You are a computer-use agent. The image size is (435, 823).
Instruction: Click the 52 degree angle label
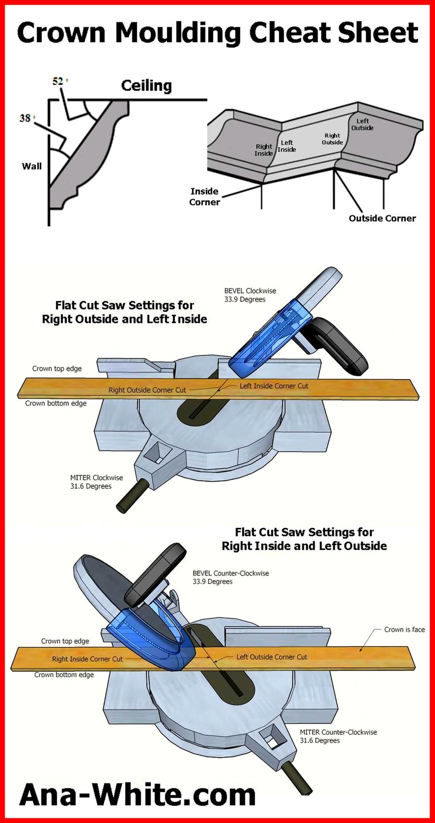(59, 81)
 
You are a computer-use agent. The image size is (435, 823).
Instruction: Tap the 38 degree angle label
(26, 118)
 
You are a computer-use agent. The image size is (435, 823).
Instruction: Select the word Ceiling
(146, 86)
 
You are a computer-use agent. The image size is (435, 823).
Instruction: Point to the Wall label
(32, 166)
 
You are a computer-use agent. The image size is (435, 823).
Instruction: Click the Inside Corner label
(205, 197)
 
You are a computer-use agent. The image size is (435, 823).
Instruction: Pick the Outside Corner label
(382, 218)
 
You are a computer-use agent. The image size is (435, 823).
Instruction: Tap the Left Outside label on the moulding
(362, 124)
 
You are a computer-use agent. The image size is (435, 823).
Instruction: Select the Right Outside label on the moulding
(332, 139)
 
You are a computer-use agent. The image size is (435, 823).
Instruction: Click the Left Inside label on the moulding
(287, 146)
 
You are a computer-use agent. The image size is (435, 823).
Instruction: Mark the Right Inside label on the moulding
(264, 150)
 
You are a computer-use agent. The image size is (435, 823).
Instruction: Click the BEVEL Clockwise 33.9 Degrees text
(250, 295)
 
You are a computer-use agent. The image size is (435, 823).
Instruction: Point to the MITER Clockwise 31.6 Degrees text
(96, 482)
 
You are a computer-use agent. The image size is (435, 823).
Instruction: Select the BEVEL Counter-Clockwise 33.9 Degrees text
(231, 577)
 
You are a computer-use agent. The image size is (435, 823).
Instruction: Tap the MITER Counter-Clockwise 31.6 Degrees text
(339, 736)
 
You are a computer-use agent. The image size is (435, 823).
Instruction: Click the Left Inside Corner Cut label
(274, 386)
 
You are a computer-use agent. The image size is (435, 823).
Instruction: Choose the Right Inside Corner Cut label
(87, 659)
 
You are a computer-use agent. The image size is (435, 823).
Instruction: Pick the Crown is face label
(404, 629)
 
